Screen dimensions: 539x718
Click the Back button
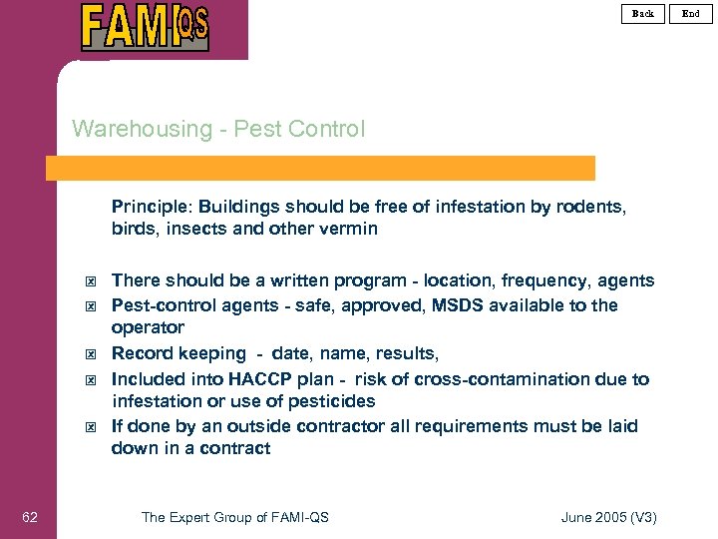point(643,13)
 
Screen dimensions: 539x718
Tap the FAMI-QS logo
point(145,27)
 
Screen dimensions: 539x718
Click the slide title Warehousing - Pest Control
point(218,129)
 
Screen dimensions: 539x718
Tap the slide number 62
point(30,516)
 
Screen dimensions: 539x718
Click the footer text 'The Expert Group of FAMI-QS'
point(235,516)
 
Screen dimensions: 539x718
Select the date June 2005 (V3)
point(609,516)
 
